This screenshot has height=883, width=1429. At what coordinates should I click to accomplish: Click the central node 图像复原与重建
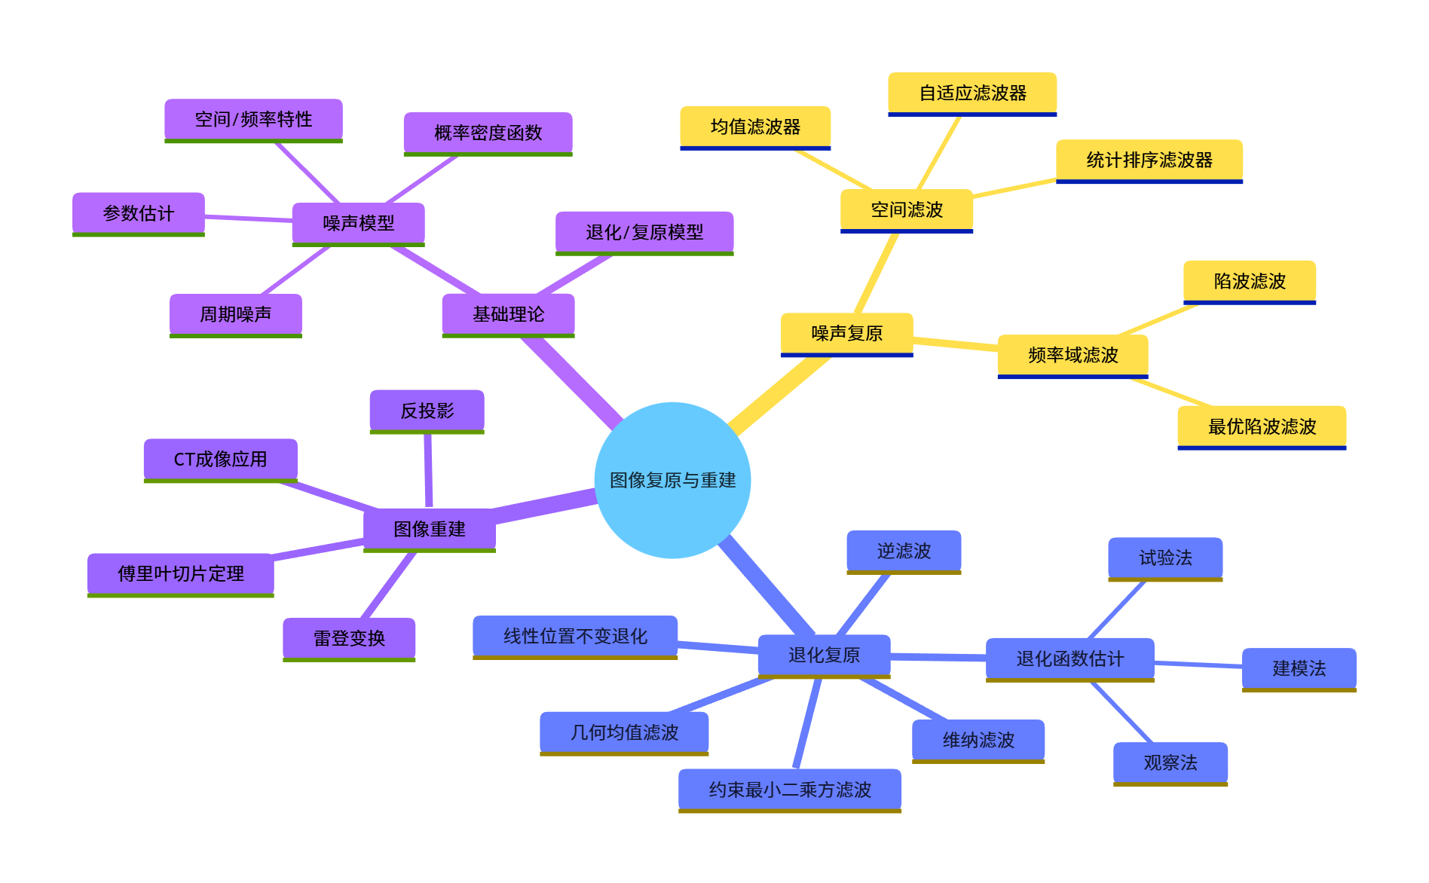coord(672,480)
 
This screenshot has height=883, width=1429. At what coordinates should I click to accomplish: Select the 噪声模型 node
coord(358,223)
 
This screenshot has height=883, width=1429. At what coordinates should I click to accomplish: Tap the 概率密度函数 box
coord(488,133)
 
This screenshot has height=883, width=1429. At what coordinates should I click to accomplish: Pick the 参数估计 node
coord(138,213)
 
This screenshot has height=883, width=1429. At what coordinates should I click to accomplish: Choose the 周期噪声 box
coord(235,314)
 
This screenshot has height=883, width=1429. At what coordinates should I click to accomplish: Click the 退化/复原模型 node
coord(644,232)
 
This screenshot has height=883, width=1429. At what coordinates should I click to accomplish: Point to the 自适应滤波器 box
coord(972,93)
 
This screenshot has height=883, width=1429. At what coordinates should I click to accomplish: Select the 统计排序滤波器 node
coord(1149,160)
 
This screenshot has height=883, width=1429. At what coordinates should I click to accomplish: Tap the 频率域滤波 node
coord(1073,355)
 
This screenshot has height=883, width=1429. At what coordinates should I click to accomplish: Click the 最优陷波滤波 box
coord(1261,427)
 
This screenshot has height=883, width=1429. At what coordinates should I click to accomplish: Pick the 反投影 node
coord(427,411)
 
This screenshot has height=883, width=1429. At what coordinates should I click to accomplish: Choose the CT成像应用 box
coord(220,460)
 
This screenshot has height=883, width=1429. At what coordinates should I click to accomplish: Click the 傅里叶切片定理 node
coord(180,574)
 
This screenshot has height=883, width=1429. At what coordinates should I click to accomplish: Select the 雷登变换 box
coord(349,639)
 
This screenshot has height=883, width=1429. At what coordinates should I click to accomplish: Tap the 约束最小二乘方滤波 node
coord(789,790)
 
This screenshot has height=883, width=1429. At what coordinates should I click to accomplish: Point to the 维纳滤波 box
coord(978,741)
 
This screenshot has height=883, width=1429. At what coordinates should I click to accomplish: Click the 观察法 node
coord(1170,763)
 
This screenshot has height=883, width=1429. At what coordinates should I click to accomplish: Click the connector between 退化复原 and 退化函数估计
coord(938,658)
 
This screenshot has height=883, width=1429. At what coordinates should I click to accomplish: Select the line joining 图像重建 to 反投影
coord(428,470)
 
